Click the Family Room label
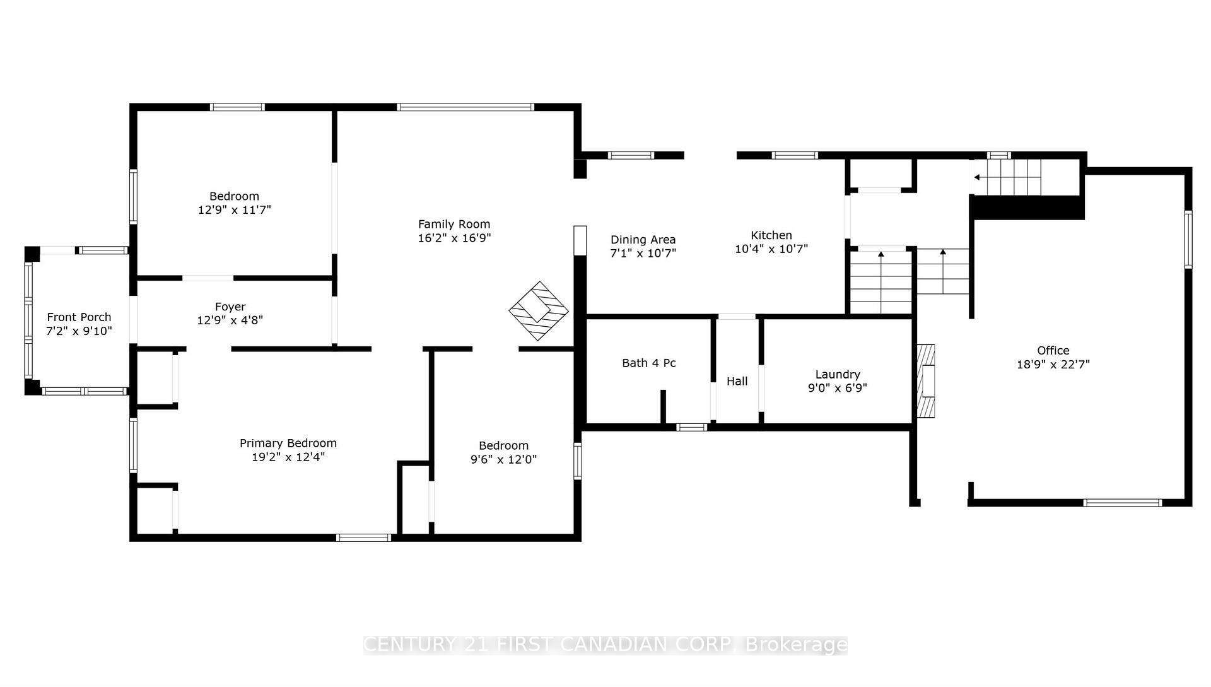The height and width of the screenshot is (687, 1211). click(x=454, y=224)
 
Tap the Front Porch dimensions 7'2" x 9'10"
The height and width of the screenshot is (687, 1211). click(x=79, y=331)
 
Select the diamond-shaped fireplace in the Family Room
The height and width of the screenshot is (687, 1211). click(x=539, y=311)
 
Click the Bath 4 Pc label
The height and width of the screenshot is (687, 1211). click(x=649, y=363)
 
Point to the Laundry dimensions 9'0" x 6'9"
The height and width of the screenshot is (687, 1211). click(x=838, y=388)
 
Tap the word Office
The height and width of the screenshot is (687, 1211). click(x=1053, y=350)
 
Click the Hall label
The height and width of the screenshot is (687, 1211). click(x=737, y=381)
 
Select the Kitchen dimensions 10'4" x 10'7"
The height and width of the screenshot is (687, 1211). click(x=771, y=249)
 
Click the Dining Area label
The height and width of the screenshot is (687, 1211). click(x=643, y=240)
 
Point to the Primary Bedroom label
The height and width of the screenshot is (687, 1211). click(x=288, y=443)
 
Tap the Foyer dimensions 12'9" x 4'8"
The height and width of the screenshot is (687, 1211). click(x=230, y=320)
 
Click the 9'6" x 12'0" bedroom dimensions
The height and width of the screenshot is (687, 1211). click(x=503, y=459)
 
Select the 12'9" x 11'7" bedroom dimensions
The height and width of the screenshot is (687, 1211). click(x=234, y=209)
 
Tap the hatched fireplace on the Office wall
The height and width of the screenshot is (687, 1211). click(x=925, y=381)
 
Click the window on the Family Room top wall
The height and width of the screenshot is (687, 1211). click(x=465, y=107)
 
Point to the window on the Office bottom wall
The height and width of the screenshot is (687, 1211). click(x=1123, y=503)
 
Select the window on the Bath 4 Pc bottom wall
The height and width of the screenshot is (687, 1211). click(x=692, y=427)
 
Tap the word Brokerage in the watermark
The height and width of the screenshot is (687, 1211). click(x=796, y=645)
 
